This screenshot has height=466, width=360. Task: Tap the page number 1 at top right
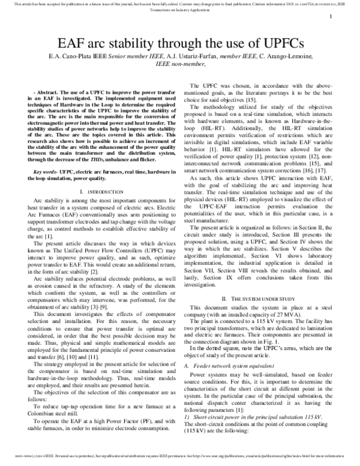coord(331,17)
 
